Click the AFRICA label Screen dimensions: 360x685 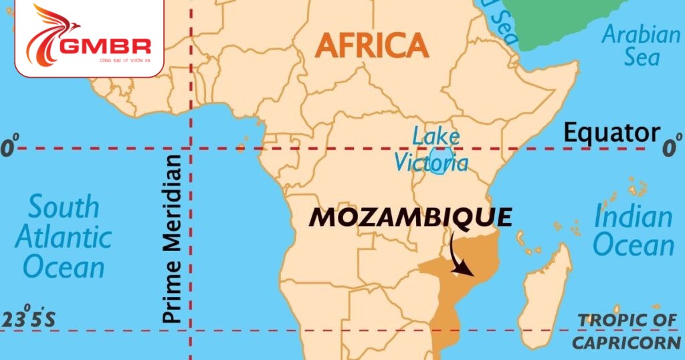point(371,45)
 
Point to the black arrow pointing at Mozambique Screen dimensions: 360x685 point(459,258)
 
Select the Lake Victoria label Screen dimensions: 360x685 point(431,149)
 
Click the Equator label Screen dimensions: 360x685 point(611,133)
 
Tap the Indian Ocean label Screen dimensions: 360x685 point(633,232)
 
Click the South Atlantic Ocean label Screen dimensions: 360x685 point(63,238)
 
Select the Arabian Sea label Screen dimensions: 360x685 point(641,45)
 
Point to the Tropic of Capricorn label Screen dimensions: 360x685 point(627,331)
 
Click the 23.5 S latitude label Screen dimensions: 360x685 point(28,320)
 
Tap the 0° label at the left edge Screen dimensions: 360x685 point(9,147)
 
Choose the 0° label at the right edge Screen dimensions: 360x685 point(670,147)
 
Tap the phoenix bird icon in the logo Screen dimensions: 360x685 point(50,33)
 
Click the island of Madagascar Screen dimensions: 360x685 point(546,294)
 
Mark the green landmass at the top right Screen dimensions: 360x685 point(569,20)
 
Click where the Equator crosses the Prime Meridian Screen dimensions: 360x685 point(191,148)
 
